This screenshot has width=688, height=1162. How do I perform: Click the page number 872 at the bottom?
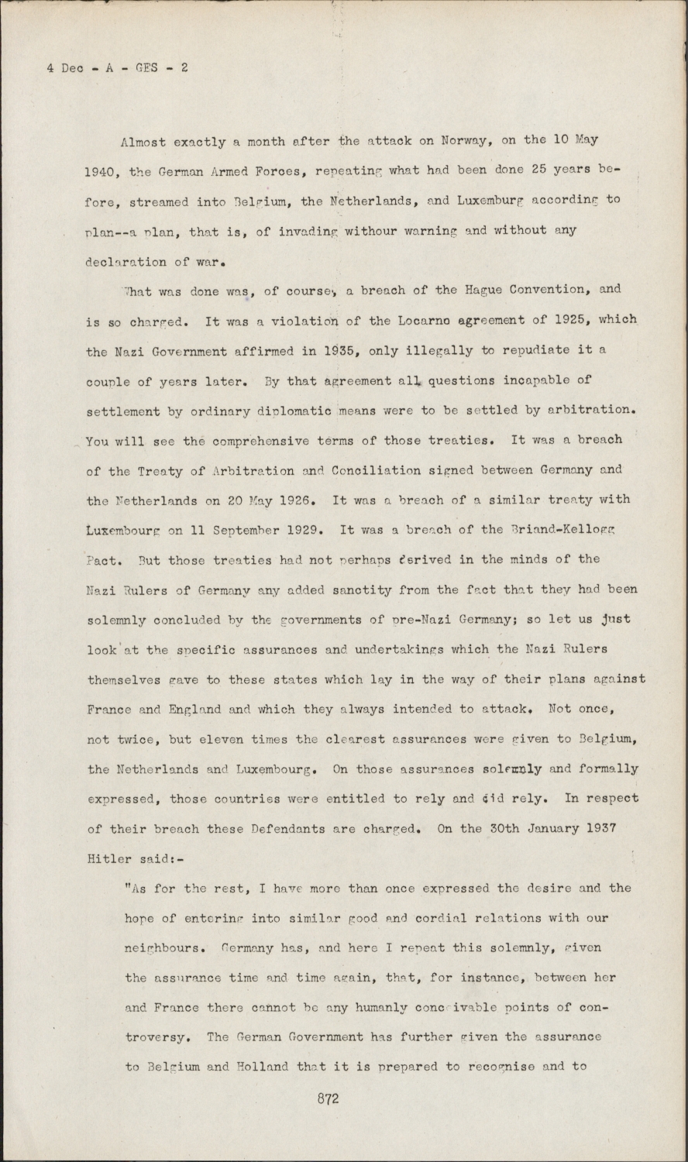tap(329, 1098)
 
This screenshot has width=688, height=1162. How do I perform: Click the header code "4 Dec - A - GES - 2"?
tap(117, 67)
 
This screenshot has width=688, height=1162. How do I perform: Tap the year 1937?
tap(600, 828)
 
